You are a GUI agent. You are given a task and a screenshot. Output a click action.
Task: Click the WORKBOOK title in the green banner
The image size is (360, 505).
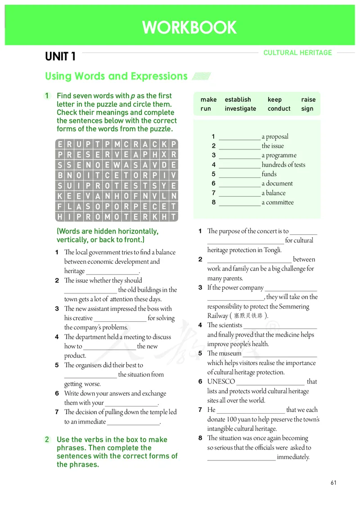pos(189,27)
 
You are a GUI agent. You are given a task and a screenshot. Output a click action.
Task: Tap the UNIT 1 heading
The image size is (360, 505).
pos(60,57)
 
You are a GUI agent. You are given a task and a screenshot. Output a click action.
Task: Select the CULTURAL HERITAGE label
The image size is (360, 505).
pos(297,53)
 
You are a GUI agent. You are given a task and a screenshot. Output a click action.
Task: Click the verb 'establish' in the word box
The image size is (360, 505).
pos(238,99)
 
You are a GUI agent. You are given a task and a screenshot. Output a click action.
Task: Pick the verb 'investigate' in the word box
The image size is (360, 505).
pos(240,108)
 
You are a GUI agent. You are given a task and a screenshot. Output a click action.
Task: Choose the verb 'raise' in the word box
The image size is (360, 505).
pos(308,99)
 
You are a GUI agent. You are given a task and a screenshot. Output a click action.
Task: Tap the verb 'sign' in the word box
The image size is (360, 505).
pos(307,108)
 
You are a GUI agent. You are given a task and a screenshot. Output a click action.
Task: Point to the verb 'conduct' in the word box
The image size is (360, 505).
pos(279,108)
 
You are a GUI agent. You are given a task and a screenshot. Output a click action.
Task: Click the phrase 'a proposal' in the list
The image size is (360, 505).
pos(275,136)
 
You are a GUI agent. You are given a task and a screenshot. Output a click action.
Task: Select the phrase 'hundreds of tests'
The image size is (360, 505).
pos(283,165)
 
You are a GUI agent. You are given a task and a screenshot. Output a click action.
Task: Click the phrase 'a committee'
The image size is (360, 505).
pos(278,203)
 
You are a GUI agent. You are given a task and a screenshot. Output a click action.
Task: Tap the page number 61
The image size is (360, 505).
pos(333,483)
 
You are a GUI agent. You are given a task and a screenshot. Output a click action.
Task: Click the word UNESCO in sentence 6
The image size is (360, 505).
pos(221,382)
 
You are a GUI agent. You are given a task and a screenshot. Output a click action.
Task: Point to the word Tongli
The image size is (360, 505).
pos(271,250)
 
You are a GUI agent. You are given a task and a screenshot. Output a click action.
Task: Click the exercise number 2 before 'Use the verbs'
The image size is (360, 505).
pos(47,440)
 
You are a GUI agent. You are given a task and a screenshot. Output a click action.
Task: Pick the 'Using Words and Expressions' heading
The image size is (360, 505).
pos(116,76)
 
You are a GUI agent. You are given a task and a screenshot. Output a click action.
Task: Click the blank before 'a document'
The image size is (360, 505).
pos(239,184)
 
